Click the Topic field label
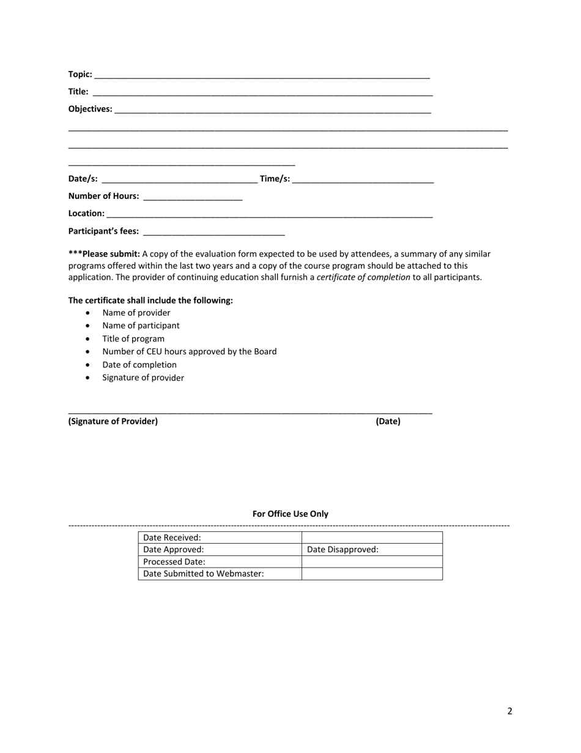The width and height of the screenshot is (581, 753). click(80, 74)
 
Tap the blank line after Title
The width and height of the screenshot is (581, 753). click(263, 92)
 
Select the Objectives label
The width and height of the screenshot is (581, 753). click(90, 109)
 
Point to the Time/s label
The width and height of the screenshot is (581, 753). click(275, 179)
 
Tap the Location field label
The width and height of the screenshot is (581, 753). click(86, 214)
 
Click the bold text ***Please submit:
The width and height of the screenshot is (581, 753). click(104, 253)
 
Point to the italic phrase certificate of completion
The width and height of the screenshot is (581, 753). click(363, 277)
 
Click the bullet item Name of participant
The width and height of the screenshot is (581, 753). click(141, 326)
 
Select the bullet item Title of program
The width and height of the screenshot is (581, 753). click(133, 339)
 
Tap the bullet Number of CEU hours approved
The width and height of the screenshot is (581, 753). click(189, 351)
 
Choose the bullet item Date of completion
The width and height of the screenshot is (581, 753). click(139, 365)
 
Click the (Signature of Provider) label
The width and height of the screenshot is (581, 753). click(113, 421)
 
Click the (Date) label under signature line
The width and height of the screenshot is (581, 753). click(388, 421)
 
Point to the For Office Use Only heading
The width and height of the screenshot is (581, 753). click(290, 514)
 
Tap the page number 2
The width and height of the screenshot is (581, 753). click(509, 711)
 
